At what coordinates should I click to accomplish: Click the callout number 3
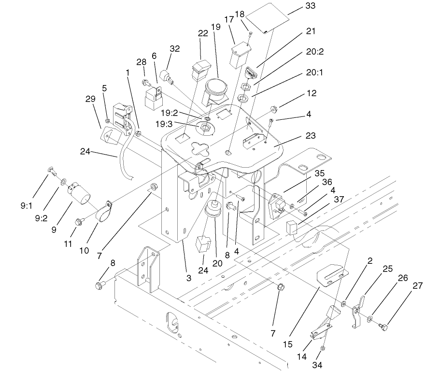point(189,278)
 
